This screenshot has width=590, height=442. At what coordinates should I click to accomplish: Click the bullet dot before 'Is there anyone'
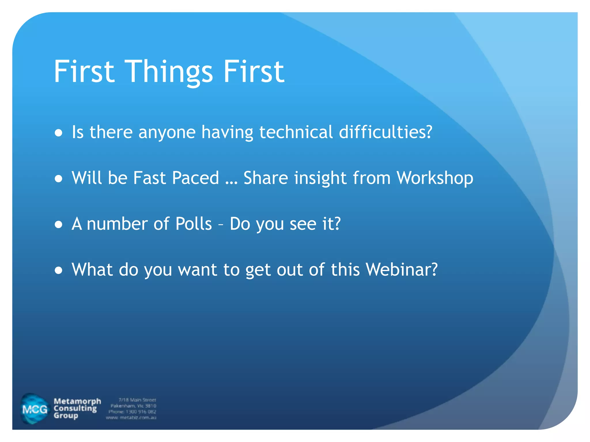[59, 133]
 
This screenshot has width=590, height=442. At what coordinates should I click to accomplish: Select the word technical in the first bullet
[296, 132]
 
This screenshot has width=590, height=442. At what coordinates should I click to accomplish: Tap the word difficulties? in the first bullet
[385, 132]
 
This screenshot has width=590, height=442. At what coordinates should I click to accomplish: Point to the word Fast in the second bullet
[150, 178]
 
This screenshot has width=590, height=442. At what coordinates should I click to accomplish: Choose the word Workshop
[435, 178]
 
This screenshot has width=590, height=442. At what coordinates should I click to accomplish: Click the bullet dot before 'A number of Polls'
[59, 224]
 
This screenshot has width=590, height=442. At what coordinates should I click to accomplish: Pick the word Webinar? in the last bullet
[402, 270]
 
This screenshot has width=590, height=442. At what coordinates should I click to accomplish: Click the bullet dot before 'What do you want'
[59, 270]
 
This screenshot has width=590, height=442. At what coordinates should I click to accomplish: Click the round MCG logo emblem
[34, 409]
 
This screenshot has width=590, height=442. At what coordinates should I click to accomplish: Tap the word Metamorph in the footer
[77, 401]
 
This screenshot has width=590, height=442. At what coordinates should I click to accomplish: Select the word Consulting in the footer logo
[75, 408]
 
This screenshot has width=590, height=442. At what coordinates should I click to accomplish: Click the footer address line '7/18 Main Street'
[137, 400]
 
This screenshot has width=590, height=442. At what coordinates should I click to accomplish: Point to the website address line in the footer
[131, 418]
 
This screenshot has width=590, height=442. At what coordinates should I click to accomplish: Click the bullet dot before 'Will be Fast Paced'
[59, 179]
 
